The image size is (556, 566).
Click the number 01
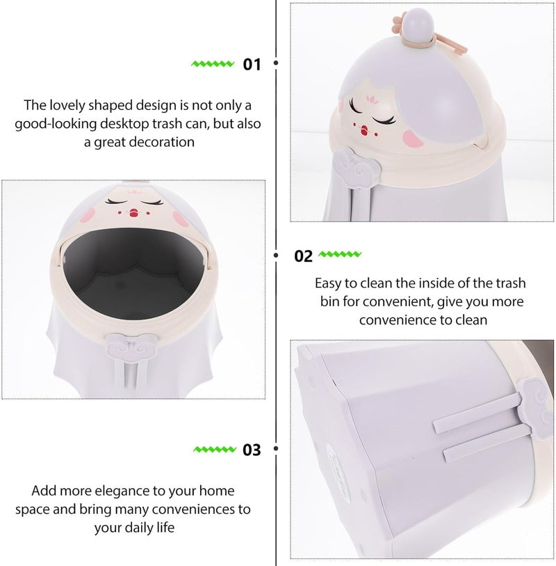click(x=252, y=65)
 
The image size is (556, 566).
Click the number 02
click(x=304, y=256)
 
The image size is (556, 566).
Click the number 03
click(x=252, y=450)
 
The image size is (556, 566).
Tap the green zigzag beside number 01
click(x=213, y=64)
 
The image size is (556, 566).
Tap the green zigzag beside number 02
click(x=342, y=255)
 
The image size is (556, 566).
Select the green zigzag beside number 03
click(x=213, y=449)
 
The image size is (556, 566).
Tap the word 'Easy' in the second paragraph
click(x=329, y=283)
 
